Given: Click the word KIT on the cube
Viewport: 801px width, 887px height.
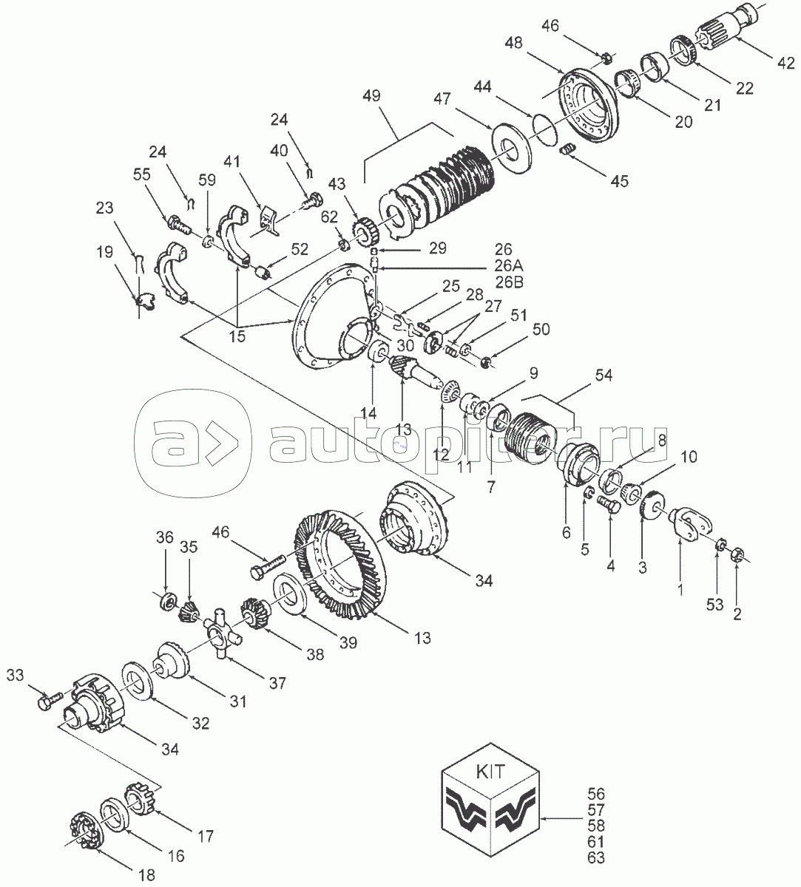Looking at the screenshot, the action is point(490,772).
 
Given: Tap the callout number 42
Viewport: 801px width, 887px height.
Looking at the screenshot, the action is point(785,64).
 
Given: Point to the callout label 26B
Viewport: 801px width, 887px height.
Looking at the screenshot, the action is point(509,282).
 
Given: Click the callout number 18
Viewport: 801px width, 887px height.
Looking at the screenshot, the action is point(146,874).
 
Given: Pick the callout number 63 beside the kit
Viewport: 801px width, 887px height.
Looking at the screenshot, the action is point(595,857).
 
